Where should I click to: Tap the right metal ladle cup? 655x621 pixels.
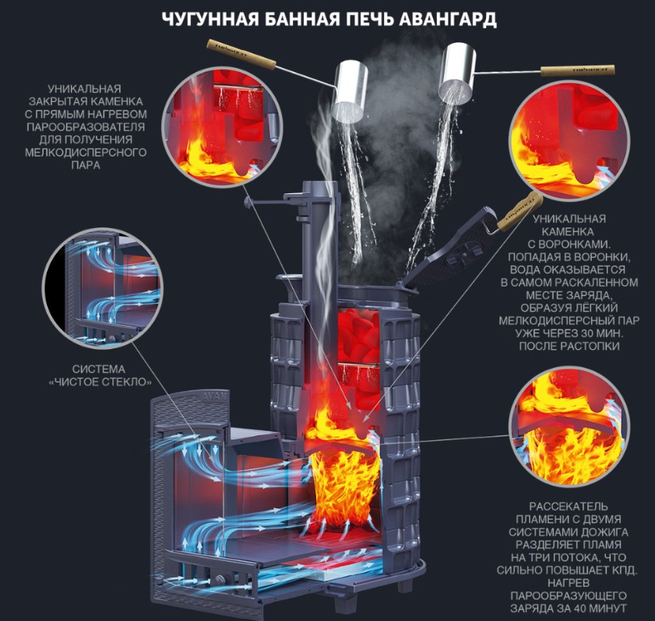coord(457,73)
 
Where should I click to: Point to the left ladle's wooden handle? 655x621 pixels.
coord(241,55)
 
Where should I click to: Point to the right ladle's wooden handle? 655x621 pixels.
coord(578,70)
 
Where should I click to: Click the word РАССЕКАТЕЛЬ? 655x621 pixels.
coord(568,506)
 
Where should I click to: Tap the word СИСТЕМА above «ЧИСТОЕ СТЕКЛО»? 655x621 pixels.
coord(99,369)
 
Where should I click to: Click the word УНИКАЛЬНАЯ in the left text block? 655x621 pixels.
coord(84,89)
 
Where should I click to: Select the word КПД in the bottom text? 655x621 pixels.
coord(623,570)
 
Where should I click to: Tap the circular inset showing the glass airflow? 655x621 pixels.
coord(103,288)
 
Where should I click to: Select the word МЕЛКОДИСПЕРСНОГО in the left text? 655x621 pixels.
coord(86,153)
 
